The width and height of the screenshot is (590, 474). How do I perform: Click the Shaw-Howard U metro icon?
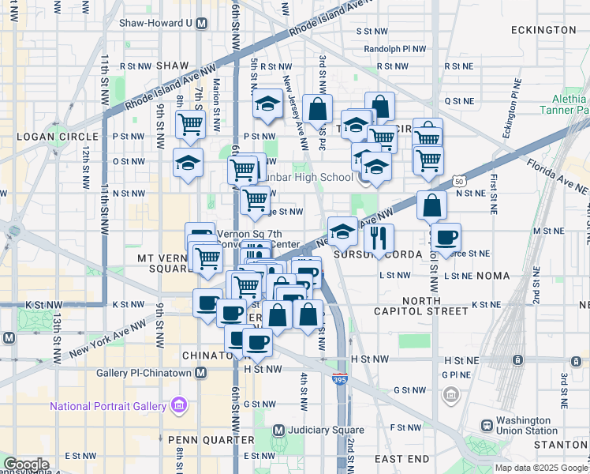pyautogui.click(x=202, y=23)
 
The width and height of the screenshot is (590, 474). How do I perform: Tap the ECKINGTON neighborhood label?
pyautogui.click(x=543, y=30)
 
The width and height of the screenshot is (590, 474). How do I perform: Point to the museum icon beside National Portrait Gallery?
pyautogui.click(x=179, y=406)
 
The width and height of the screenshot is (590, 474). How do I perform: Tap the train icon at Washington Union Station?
pyautogui.click(x=487, y=425)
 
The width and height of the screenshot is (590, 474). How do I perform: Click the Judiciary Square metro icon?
pyautogui.click(x=278, y=431)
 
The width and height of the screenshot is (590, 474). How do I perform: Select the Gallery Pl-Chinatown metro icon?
pyautogui.click(x=202, y=373)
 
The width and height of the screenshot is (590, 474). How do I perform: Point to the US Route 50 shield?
pyautogui.click(x=459, y=181)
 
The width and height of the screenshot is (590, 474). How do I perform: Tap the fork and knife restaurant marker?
pyautogui.click(x=380, y=238)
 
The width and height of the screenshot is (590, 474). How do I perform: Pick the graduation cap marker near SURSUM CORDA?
pyautogui.click(x=342, y=231)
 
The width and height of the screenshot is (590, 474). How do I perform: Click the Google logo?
pyautogui.click(x=25, y=465)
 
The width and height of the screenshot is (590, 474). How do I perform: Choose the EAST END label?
pyautogui.click(x=401, y=459)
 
